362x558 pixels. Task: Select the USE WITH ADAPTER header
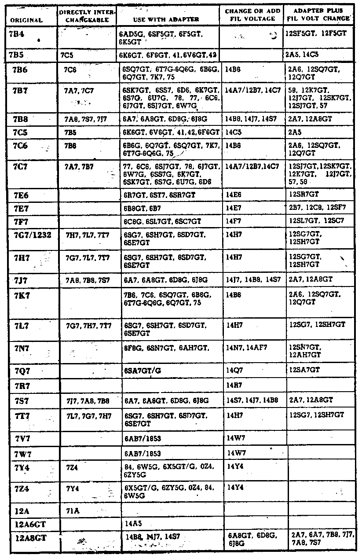tap(166, 19)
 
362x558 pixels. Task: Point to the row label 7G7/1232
tap(33, 235)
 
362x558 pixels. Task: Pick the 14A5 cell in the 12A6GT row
tap(132, 524)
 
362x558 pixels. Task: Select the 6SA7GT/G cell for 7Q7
tap(143, 371)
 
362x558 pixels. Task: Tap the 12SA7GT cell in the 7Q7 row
tap(304, 370)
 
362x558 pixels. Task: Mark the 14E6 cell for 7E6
tap(234, 195)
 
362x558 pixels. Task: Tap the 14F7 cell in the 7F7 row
tap(234, 221)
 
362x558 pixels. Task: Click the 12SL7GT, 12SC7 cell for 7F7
tap(316, 220)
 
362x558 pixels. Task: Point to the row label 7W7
tap(22, 453)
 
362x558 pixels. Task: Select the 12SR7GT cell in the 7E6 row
tap(304, 194)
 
